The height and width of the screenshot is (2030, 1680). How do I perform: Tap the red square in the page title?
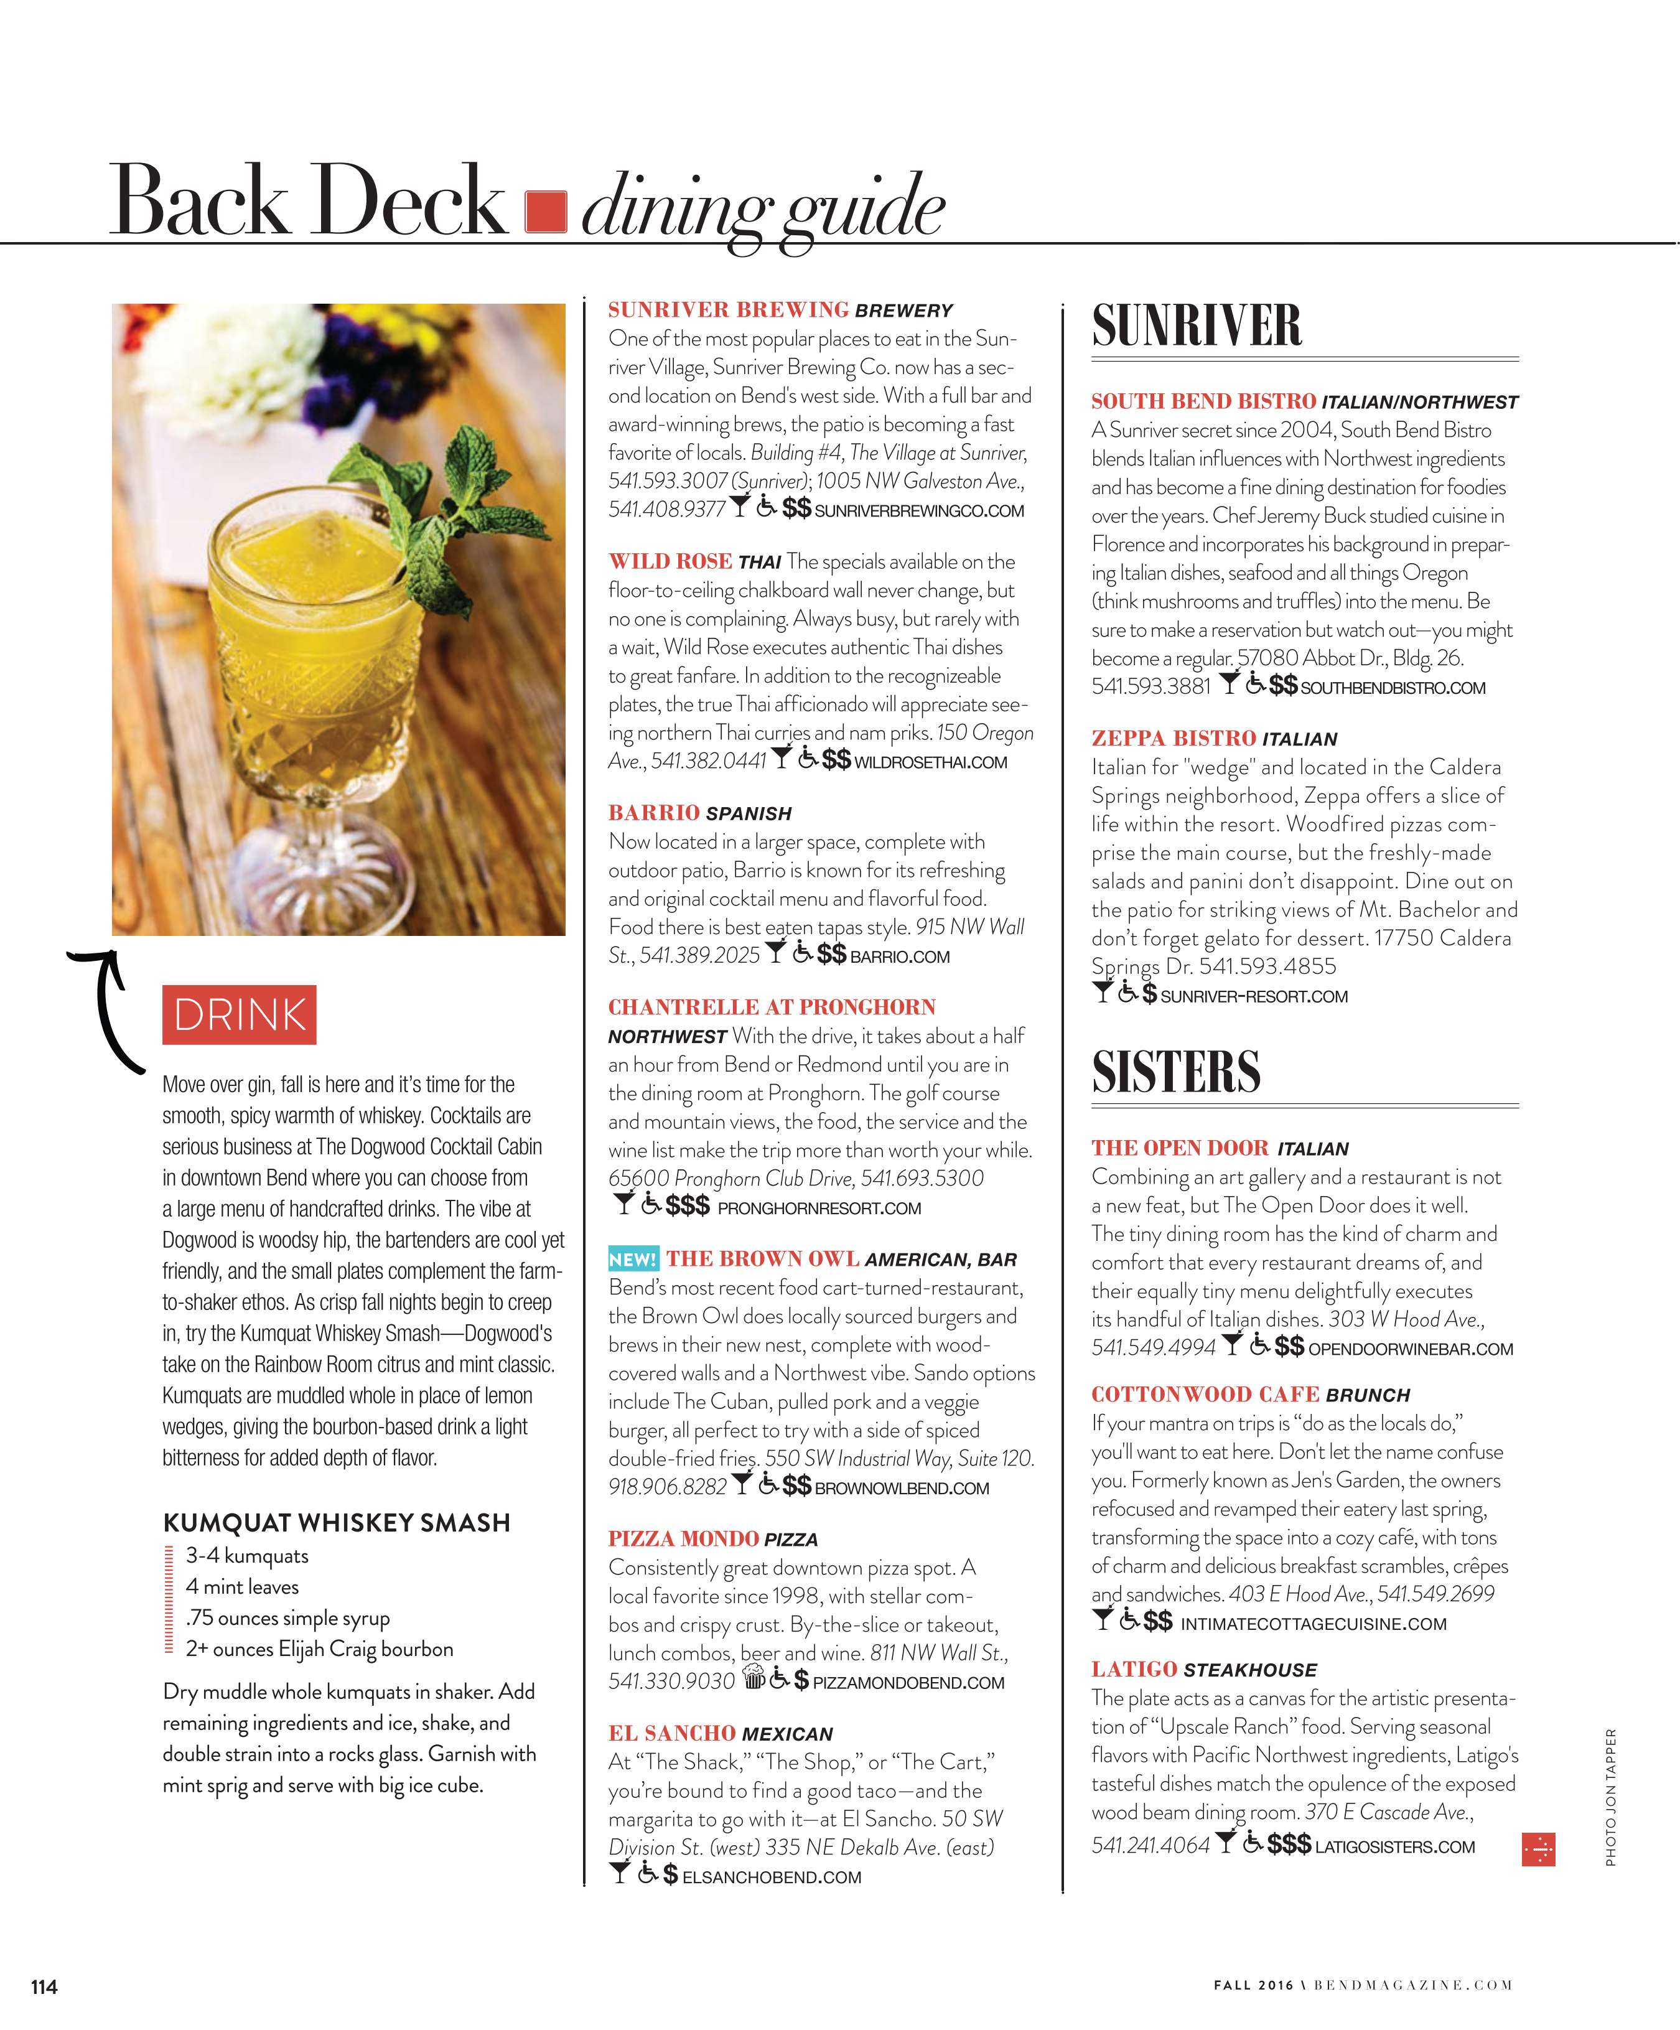(545, 212)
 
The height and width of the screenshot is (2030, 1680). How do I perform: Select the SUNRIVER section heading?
(1197, 325)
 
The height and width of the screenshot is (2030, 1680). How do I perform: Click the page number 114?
(44, 1986)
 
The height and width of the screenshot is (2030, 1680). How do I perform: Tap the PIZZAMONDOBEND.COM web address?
(908, 1683)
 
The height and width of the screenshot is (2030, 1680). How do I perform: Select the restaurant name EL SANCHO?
(672, 1733)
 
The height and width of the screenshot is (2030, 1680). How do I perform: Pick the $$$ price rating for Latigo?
(1289, 1845)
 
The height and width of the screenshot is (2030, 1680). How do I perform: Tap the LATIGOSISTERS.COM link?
(1395, 1847)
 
